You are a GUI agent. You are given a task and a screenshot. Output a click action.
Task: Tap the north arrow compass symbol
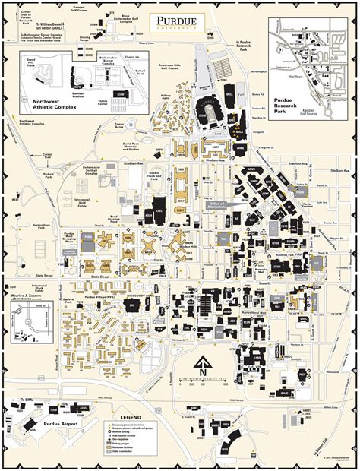(x=204, y=364)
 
